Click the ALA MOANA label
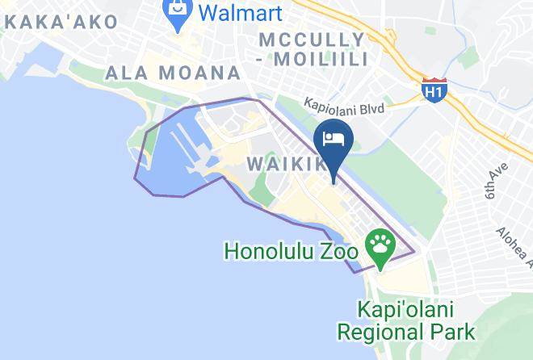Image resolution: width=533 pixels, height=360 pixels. pyautogui.click(x=174, y=73)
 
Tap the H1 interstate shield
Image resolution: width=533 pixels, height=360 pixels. pyautogui.click(x=434, y=91)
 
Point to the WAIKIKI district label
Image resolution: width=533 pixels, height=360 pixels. pyautogui.click(x=287, y=164)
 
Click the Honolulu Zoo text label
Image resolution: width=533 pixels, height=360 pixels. pyautogui.click(x=291, y=251)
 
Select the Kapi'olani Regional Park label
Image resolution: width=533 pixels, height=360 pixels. pyautogui.click(x=406, y=320)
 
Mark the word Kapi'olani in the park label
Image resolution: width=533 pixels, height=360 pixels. pyautogui.click(x=406, y=309)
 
